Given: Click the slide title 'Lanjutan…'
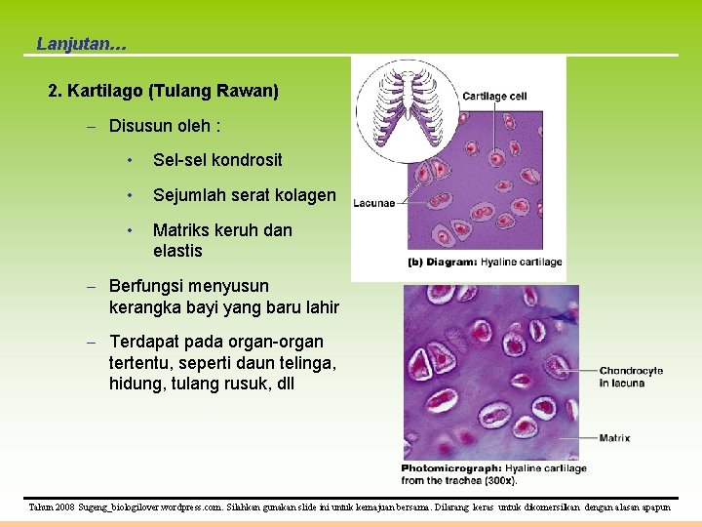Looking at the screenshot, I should tap(81, 44).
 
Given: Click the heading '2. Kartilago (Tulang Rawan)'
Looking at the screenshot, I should tap(163, 91).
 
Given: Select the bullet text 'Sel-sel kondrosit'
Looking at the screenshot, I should tap(217, 160).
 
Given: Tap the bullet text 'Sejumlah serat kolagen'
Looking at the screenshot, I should tap(244, 195).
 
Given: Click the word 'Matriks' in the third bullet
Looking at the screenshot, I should tap(180, 230).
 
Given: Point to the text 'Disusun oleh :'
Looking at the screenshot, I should tap(165, 126).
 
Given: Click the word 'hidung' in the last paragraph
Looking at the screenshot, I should tap(137, 384).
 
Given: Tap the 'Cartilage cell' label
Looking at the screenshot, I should tap(494, 96).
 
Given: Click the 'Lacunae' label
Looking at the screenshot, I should tap(374, 203).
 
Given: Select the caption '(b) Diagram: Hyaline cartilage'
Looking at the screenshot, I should tap(485, 262).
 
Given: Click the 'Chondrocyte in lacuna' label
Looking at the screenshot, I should tap(631, 377).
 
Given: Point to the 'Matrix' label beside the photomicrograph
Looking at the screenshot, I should tap(614, 438).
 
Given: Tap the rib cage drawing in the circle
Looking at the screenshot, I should tap(402, 109).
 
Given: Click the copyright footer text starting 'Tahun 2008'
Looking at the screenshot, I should tap(350, 508).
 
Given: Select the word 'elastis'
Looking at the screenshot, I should tap(177, 251).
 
